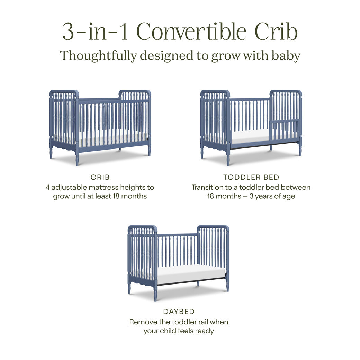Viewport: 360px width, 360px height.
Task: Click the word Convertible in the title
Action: pyautogui.click(x=193, y=32)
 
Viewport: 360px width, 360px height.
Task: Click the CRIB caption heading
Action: pyautogui.click(x=100, y=177)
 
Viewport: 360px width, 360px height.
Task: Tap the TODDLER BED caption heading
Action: pyautogui.click(x=251, y=177)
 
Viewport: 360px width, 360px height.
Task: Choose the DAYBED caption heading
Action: pyautogui.click(x=179, y=312)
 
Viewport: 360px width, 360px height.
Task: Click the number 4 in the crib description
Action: pyautogui.click(x=47, y=187)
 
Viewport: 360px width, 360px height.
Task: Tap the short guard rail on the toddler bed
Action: pyautogui.click(x=284, y=121)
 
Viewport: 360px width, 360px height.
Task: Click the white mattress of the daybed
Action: pyautogui.click(x=190, y=273)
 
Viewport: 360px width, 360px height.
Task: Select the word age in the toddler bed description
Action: pyautogui.click(x=288, y=196)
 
